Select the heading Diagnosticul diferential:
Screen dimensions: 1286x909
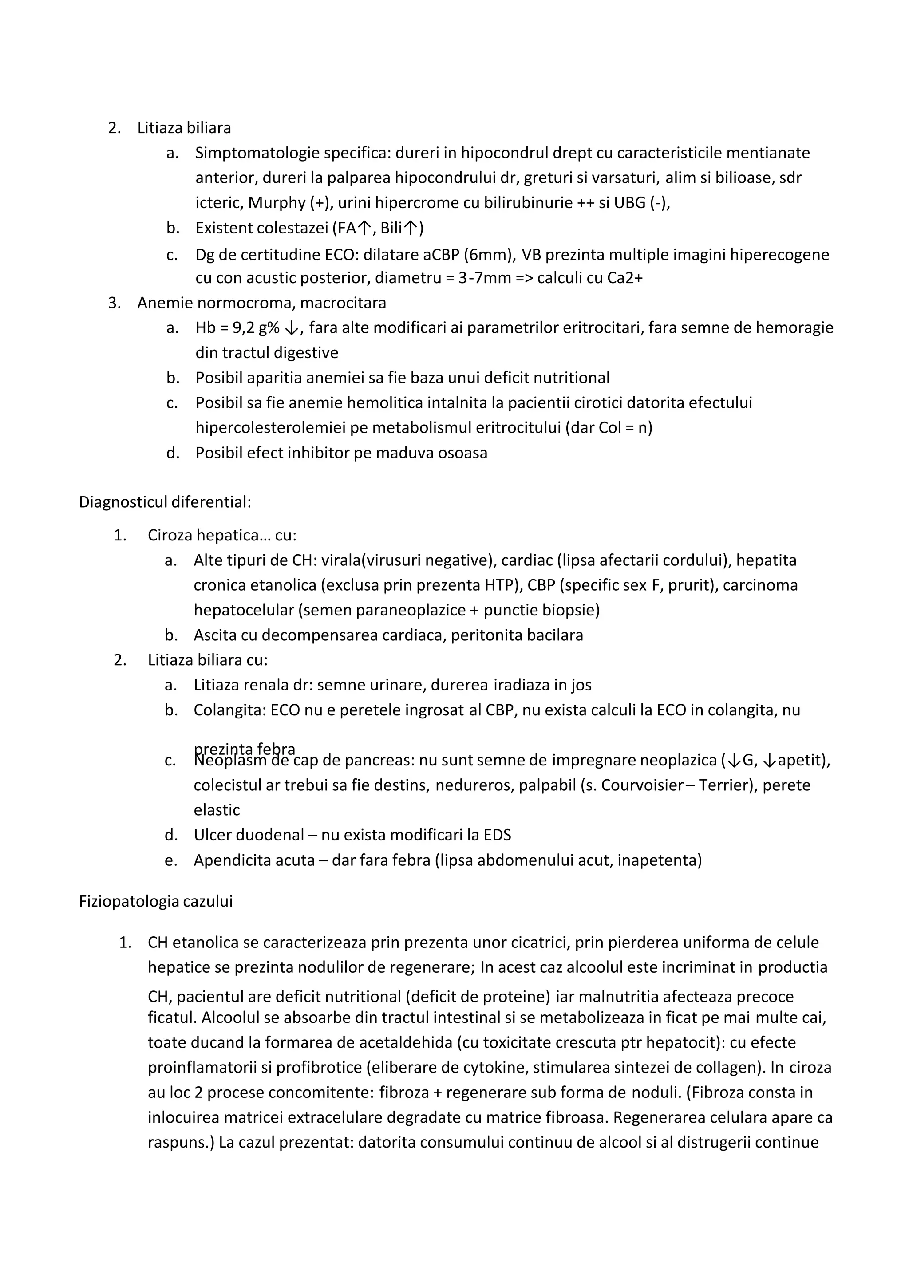165,502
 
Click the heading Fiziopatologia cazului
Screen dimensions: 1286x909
156,901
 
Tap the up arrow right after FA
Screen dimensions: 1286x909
364,228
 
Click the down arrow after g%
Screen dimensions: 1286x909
291,328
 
